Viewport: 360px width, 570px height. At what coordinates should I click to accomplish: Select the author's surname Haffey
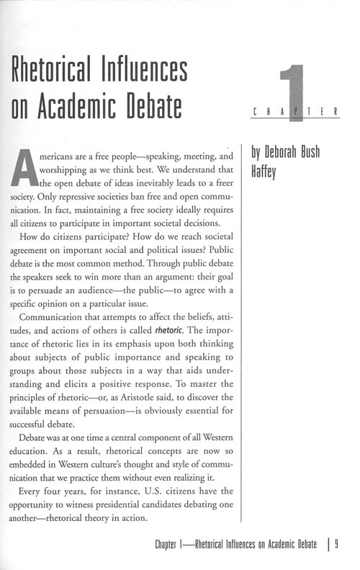[265, 172]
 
